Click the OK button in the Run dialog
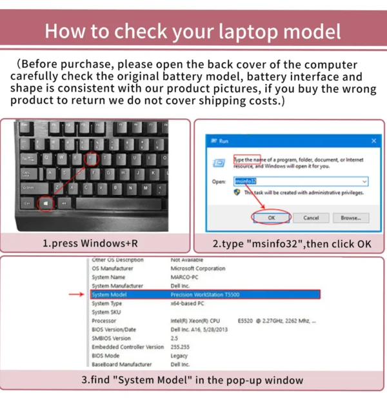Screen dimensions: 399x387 tap(272, 218)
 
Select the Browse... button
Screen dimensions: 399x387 tap(351, 218)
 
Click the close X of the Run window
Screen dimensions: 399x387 tap(374, 140)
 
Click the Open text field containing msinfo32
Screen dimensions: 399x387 tap(301, 181)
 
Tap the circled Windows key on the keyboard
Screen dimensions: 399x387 tap(46, 203)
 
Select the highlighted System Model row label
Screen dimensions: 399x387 tap(109, 294)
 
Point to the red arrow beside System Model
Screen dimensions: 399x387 tap(77, 294)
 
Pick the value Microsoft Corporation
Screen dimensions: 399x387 tap(198, 269)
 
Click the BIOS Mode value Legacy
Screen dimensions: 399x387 tap(179, 356)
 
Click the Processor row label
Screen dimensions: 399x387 tap(104, 321)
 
